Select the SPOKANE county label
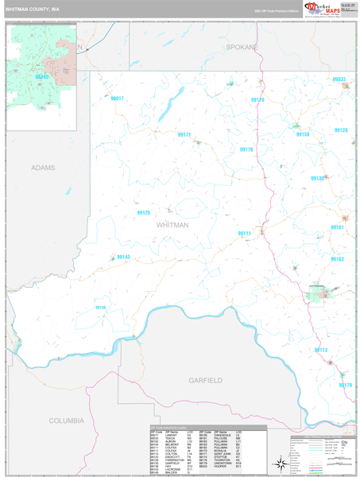242,48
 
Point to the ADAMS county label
45,169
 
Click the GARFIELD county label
205,381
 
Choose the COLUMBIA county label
66,420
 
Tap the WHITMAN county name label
173,225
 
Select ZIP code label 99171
184,135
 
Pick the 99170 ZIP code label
257,100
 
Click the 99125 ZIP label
144,213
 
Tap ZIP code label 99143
123,258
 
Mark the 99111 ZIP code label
244,233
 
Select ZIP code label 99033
339,80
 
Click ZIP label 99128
341,130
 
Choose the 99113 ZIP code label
321,350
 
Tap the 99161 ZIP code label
337,227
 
